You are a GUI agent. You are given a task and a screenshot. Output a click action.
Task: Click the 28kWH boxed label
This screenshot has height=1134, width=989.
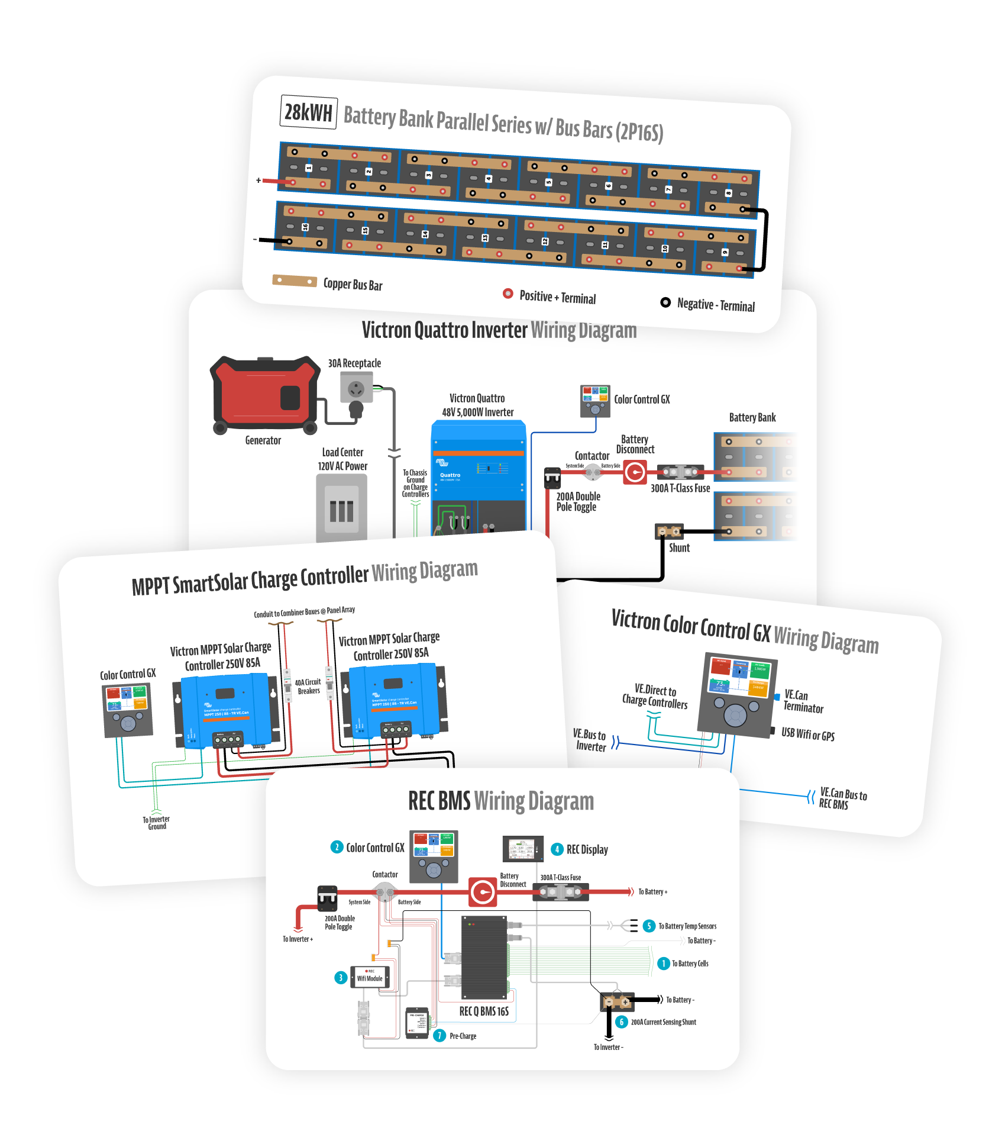(308, 112)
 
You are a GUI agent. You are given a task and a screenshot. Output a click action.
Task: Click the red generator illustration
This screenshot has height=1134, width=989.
(264, 392)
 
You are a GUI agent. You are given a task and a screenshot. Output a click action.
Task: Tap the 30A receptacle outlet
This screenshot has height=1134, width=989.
(356, 389)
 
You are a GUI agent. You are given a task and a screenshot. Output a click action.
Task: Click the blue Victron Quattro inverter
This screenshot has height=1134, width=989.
(479, 473)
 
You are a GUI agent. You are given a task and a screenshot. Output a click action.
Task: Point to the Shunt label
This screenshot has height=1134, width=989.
(679, 548)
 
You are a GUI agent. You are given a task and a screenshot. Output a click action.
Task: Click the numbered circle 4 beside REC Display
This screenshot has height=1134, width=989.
(557, 849)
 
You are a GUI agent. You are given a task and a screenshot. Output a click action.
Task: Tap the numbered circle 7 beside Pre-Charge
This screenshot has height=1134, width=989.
(439, 1035)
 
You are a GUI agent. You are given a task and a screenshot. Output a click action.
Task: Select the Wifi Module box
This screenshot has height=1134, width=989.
(370, 978)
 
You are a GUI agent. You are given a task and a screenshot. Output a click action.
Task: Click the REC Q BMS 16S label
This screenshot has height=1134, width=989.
(484, 1011)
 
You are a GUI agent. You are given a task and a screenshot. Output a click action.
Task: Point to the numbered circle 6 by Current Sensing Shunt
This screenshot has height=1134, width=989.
(621, 1022)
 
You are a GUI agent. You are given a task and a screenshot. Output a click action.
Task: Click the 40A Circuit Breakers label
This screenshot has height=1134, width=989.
(308, 687)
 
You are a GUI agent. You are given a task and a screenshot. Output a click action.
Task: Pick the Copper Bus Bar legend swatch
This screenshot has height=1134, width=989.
(295, 281)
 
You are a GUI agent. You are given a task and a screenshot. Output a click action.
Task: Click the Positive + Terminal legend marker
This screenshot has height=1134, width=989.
(508, 293)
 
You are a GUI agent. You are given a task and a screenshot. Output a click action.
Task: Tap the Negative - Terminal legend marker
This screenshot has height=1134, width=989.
(665, 302)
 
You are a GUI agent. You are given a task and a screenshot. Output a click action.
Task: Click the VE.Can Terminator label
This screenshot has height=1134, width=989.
(803, 701)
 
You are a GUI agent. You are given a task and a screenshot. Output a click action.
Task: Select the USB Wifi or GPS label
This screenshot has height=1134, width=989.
(807, 734)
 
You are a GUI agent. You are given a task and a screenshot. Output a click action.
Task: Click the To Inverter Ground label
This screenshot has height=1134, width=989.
(156, 823)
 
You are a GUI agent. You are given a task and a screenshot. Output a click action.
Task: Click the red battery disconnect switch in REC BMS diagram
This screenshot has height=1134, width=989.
(483, 892)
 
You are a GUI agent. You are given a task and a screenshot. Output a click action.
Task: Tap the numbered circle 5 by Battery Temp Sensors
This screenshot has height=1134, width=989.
(649, 926)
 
